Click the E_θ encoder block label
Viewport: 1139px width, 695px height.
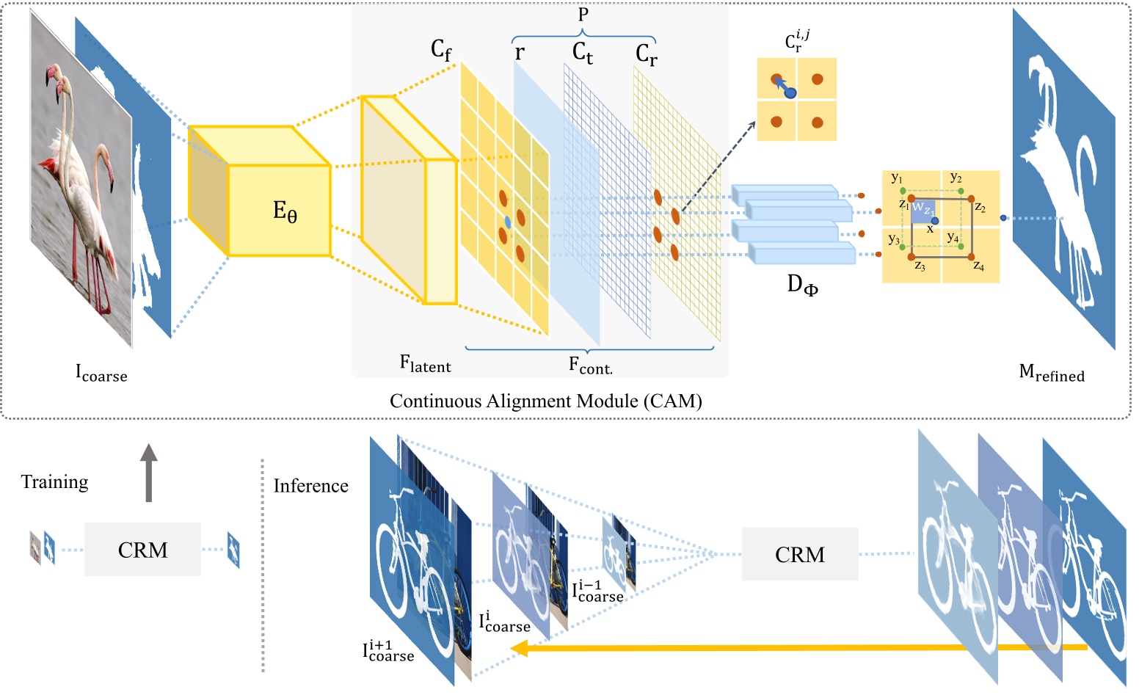click(285, 211)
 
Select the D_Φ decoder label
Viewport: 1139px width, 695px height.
click(802, 285)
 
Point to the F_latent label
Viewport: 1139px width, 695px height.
click(425, 363)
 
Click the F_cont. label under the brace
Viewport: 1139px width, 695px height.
click(590, 365)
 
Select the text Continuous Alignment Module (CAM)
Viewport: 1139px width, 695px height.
click(545, 401)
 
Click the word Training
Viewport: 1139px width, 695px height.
click(54, 482)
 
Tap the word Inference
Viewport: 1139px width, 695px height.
click(310, 486)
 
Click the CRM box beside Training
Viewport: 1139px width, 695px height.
click(142, 550)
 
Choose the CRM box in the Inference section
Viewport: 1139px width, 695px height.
click(799, 554)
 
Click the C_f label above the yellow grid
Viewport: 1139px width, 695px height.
click(441, 50)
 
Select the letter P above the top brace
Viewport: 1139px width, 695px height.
click(583, 15)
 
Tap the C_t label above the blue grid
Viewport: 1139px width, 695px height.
click(583, 53)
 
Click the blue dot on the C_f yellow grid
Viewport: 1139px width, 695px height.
click(507, 221)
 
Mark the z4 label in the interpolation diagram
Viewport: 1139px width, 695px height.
click(978, 266)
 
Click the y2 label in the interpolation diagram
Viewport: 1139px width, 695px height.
click(956, 178)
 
